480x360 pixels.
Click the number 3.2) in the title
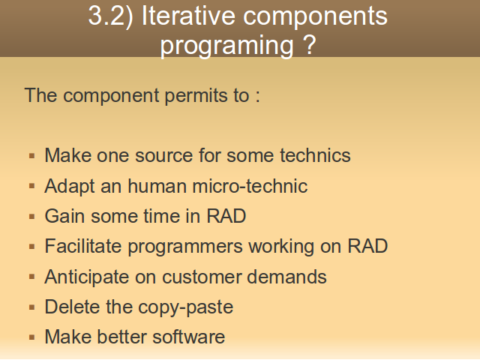(111, 16)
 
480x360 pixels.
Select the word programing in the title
(226, 45)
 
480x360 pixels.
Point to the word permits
(196, 96)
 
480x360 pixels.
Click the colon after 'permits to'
(257, 96)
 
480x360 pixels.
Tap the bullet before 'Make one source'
(31, 156)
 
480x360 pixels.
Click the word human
(157, 186)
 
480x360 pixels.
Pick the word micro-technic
(250, 186)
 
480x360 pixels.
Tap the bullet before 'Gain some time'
(31, 217)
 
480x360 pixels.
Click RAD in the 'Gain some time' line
(226, 216)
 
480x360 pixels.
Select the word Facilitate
(83, 246)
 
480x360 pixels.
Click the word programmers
(185, 247)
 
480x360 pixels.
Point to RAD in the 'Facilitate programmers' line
(367, 246)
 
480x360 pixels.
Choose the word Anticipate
(87, 277)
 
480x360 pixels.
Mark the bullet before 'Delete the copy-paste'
(31, 307)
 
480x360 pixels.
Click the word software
(188, 337)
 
